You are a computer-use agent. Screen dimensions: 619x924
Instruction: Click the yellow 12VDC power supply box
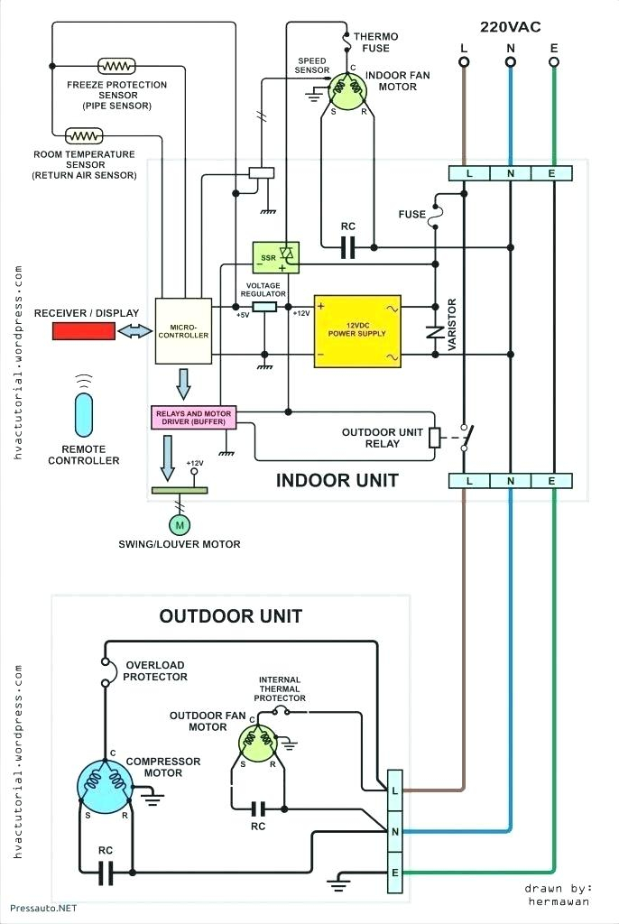click(357, 331)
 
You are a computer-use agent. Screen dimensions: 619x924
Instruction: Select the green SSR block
click(275, 257)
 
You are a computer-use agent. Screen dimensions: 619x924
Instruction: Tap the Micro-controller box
click(183, 330)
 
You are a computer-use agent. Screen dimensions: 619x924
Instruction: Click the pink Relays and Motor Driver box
click(194, 417)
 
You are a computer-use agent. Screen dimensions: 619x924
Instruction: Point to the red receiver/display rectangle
click(84, 332)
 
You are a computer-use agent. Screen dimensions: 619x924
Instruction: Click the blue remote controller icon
click(84, 415)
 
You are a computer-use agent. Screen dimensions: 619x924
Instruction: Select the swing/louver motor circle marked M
click(180, 525)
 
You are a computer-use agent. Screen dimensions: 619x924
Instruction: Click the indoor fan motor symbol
click(347, 91)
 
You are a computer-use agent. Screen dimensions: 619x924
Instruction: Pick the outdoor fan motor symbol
click(258, 743)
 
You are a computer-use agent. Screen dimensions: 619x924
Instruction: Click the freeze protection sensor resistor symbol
click(116, 66)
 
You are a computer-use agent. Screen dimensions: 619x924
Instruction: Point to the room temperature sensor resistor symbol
click(84, 136)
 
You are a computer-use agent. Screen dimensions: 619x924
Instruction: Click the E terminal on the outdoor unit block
click(395, 873)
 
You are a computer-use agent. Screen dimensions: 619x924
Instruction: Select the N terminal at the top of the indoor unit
click(511, 173)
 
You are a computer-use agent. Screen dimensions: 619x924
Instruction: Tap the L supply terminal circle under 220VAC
click(464, 62)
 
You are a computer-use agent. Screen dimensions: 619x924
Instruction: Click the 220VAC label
click(511, 26)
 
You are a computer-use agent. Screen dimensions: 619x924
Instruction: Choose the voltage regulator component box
click(264, 307)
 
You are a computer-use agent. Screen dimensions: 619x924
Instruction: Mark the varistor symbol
click(436, 333)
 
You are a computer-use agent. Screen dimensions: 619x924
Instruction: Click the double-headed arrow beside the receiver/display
click(135, 332)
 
